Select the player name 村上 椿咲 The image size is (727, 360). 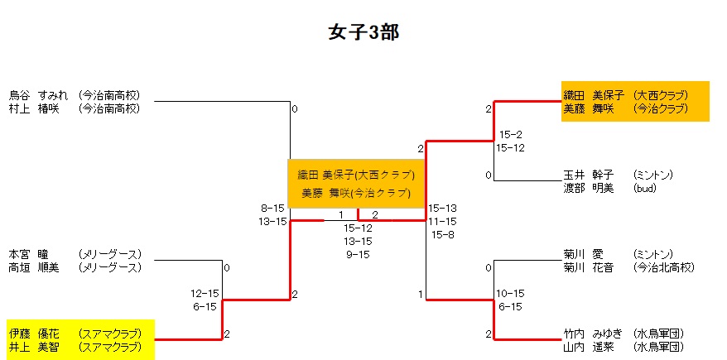(x=34, y=108)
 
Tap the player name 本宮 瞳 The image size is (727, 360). (x=29, y=254)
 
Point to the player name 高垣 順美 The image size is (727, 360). (x=34, y=267)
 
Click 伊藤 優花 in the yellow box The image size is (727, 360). (x=34, y=334)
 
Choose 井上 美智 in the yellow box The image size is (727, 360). (x=34, y=347)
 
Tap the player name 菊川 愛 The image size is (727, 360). (x=583, y=254)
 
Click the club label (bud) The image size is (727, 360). (x=644, y=188)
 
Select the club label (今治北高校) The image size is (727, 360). (x=663, y=267)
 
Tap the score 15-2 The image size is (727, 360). (x=510, y=135)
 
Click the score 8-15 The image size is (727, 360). (x=272, y=208)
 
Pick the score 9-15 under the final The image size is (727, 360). (x=358, y=254)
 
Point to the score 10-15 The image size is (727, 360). (x=510, y=294)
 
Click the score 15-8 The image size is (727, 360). (x=442, y=234)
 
